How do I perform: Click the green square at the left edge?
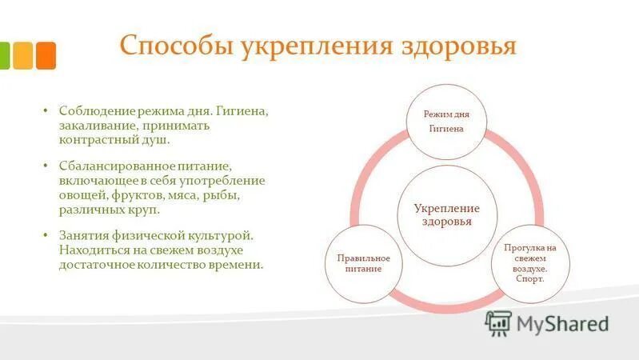pyautogui.click(x=3, y=55)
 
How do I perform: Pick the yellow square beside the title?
pyautogui.click(x=23, y=55)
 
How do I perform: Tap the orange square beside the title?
pyautogui.click(x=46, y=55)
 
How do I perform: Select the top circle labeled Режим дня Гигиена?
pyautogui.click(x=446, y=121)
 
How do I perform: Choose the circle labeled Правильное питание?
pyautogui.click(x=357, y=263)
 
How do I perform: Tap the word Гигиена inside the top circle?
pyautogui.click(x=446, y=129)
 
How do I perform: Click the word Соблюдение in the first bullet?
pyautogui.click(x=92, y=111)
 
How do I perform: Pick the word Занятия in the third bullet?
pyautogui.click(x=83, y=236)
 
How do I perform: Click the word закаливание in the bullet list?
pyautogui.click(x=98, y=126)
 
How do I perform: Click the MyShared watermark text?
pyautogui.click(x=562, y=323)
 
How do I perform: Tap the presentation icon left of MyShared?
pyautogui.click(x=498, y=322)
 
